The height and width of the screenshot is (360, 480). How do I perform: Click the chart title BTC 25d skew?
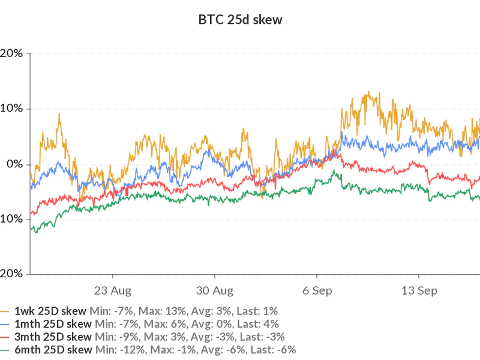tap(240, 20)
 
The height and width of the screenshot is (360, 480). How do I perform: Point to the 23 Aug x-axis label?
tap(113, 291)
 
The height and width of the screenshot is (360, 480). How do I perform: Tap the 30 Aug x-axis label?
tap(215, 291)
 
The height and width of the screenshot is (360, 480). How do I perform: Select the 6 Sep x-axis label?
tap(317, 291)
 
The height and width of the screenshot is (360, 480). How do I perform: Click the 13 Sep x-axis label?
tap(418, 291)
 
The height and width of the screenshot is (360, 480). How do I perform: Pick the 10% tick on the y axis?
tap(13, 109)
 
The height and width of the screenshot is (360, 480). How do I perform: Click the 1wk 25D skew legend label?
tap(50, 311)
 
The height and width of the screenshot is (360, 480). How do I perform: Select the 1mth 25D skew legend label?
tap(52, 324)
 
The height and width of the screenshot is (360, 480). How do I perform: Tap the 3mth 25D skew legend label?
tap(52, 337)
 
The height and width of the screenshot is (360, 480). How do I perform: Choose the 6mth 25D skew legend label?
tap(52, 350)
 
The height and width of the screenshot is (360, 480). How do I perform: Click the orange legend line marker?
tap(5, 311)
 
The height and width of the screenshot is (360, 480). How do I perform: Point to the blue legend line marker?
tap(5, 325)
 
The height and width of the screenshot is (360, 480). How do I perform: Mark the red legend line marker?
tap(5, 337)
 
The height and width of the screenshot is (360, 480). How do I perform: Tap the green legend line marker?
tap(5, 350)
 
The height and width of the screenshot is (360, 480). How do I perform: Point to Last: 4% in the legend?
tap(256, 324)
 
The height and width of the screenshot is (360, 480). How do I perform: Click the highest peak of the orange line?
tap(368, 92)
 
